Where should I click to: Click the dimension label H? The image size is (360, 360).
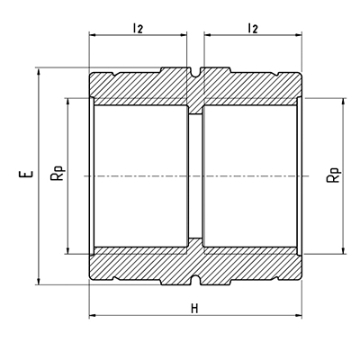coord(194,309)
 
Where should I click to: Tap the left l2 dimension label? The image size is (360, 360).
coord(138,28)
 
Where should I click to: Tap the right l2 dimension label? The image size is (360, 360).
coord(253,28)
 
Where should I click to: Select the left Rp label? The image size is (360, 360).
coord(58,173)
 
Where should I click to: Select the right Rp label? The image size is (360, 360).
coord(334,175)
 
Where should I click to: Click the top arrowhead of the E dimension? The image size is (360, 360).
coord(38,72)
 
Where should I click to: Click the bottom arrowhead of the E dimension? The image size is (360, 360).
coord(38,281)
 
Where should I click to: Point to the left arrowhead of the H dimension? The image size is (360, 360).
coord(93,315)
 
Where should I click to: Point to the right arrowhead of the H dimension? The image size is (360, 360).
coord(298,315)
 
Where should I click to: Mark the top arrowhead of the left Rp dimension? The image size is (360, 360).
coord(68,102)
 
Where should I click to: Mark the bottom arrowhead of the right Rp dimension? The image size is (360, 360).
coord(344,250)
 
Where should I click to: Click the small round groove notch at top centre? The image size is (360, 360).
coord(195,72)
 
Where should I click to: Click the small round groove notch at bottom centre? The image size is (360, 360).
coord(195,280)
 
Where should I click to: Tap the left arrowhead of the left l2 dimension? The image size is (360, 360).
coord(94,35)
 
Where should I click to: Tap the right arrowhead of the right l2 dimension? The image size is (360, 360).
coord(297,35)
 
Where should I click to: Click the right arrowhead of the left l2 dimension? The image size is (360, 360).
coord(183,35)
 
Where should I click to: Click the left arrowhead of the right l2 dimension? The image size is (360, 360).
coord(208,35)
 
